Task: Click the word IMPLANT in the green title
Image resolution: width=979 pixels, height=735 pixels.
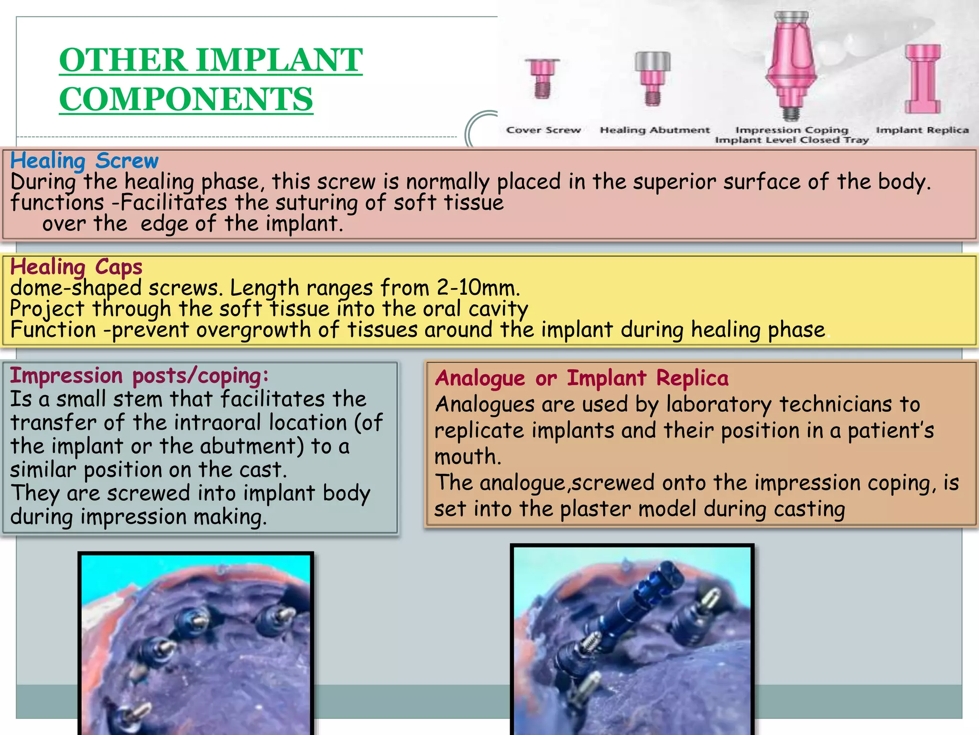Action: pyautogui.click(x=280, y=60)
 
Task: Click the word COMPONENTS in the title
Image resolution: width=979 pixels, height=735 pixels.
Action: pyautogui.click(x=186, y=99)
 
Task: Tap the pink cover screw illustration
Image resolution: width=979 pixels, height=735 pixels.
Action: pyautogui.click(x=542, y=78)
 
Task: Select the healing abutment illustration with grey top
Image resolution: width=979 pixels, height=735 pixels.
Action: pyautogui.click(x=653, y=78)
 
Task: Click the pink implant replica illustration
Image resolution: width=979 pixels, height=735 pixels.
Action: pyautogui.click(x=923, y=79)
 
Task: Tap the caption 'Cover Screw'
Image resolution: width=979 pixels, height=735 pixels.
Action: pyautogui.click(x=544, y=130)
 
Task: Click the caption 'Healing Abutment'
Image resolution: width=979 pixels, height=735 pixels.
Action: pyautogui.click(x=655, y=130)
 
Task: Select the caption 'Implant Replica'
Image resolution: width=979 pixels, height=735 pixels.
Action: pyautogui.click(x=922, y=130)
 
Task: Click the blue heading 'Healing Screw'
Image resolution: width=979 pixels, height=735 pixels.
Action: pyautogui.click(x=84, y=161)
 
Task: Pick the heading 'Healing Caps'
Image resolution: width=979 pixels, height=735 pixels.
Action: pyautogui.click(x=76, y=267)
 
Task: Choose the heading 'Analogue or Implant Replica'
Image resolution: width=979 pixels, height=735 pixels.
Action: pyautogui.click(x=581, y=379)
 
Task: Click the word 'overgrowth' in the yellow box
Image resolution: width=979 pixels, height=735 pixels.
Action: pyautogui.click(x=253, y=330)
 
